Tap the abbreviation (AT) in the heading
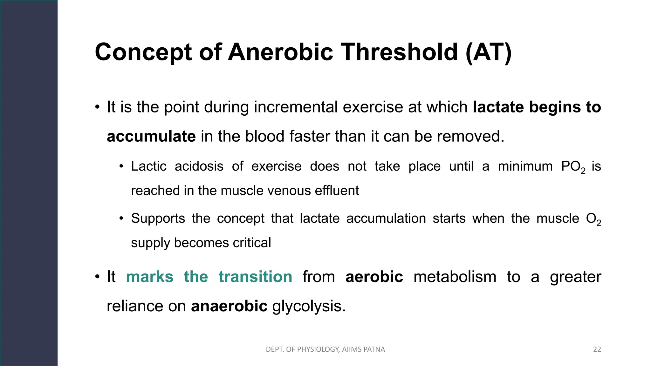(x=489, y=52)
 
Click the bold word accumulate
(x=151, y=137)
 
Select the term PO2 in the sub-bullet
(x=572, y=167)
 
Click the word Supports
(x=158, y=219)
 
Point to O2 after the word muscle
(x=593, y=219)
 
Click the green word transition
(x=255, y=277)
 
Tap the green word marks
(x=150, y=277)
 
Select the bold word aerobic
(x=374, y=277)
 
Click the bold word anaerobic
(x=229, y=306)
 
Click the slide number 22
(x=597, y=349)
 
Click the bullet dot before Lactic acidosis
(x=121, y=166)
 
